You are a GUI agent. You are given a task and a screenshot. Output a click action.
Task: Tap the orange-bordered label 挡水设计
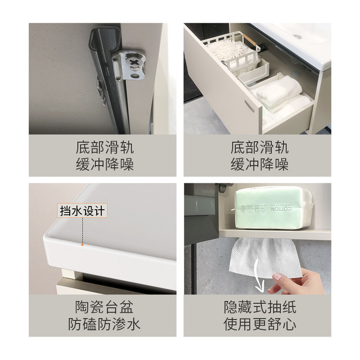click(82, 210)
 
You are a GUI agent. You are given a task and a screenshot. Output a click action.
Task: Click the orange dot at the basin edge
click(82, 245)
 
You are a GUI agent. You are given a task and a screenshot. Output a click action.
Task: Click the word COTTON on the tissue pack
click(281, 209)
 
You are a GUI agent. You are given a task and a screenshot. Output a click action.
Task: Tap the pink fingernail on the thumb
click(277, 277)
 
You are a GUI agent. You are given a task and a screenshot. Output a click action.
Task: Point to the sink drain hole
click(297, 36)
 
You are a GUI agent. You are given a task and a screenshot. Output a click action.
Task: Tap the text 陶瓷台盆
click(105, 307)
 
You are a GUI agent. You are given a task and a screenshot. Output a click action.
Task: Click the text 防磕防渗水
click(105, 325)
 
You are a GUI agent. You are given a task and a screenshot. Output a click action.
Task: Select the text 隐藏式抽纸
click(260, 307)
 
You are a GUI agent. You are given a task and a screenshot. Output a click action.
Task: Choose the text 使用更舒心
click(260, 325)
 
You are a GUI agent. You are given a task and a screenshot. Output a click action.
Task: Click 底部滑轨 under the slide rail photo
click(105, 147)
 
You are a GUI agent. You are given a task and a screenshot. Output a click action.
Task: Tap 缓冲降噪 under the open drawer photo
click(260, 164)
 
